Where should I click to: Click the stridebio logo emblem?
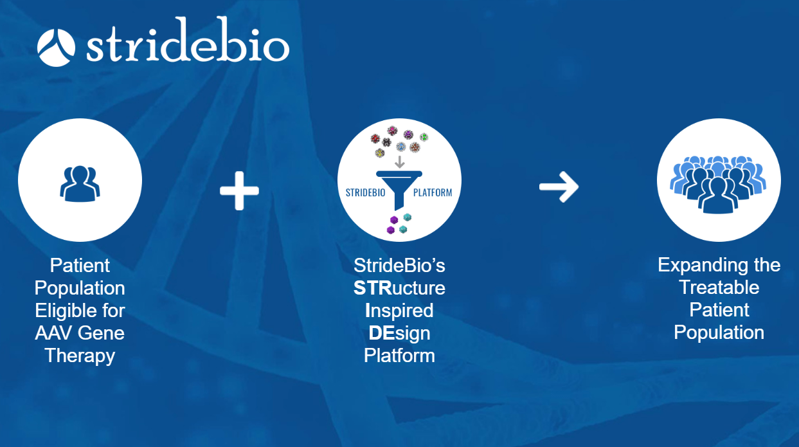pos(57,47)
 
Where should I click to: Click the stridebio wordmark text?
pos(187,46)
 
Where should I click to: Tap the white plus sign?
pos(239,190)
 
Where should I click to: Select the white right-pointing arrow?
pos(558,187)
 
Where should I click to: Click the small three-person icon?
pos(80,181)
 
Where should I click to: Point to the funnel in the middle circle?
pos(399,187)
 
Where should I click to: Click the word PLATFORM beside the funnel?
pos(433,192)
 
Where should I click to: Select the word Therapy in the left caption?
pos(80,356)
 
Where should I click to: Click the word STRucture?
pos(399,288)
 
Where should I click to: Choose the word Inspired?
pos(399,311)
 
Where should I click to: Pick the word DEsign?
pos(399,333)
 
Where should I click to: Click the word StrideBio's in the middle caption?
pos(399,266)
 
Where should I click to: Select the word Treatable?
pos(719,287)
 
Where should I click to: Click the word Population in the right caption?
pos(719,333)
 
